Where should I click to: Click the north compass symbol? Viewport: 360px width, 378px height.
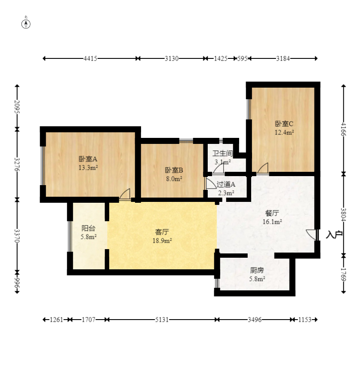26,24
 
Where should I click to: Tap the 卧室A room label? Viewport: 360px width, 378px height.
88,159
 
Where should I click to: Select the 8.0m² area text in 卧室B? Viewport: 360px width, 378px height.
174,179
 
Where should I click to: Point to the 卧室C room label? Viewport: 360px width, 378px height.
284,124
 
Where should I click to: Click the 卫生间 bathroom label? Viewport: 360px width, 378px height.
222,153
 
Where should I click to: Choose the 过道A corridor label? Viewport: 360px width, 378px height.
226,184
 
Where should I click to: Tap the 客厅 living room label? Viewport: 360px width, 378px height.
162,232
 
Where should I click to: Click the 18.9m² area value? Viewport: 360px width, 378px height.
162,241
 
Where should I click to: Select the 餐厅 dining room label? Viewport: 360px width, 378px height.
272,213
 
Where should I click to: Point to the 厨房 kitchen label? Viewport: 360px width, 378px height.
257,271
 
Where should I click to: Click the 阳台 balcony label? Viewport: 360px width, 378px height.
88,228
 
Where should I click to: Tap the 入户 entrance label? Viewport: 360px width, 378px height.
334,235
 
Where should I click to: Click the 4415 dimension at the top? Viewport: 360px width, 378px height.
90,58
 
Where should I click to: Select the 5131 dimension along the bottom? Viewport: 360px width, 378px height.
162,320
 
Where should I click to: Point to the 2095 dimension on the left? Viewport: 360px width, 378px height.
17,107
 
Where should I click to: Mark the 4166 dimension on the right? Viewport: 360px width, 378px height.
344,130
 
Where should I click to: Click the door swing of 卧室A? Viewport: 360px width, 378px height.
125,194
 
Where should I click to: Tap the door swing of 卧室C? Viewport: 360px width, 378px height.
263,168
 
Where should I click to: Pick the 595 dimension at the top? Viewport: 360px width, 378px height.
242,58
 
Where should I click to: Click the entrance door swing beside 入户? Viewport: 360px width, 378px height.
311,235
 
